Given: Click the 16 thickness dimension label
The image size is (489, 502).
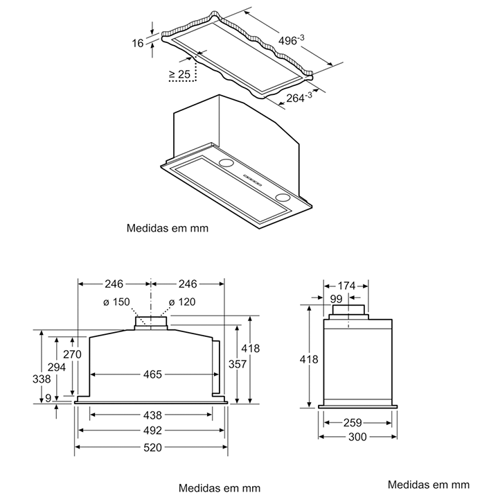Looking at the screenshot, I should click(138, 43).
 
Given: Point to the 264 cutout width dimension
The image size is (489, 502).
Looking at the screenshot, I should click(297, 98).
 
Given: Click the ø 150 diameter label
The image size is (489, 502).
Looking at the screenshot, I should click(117, 302).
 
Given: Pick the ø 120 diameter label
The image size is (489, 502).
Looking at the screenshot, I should click(183, 302).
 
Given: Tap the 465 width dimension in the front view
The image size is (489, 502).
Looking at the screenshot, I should click(152, 374).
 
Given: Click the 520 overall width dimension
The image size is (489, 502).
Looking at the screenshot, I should click(152, 447).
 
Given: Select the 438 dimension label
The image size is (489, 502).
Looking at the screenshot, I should click(152, 415).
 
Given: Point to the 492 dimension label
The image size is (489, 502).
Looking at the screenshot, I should click(152, 431).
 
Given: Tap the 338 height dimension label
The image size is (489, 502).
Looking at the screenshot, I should click(42, 379).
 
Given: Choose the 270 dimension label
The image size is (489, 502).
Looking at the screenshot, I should click(73, 354).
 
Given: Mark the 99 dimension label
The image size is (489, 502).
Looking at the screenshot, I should click(337, 298).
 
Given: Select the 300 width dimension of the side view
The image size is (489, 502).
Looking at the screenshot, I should click(358, 437).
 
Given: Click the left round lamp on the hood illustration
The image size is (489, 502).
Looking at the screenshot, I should click(226, 164).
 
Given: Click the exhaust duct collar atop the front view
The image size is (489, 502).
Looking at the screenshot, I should click(151, 321).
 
